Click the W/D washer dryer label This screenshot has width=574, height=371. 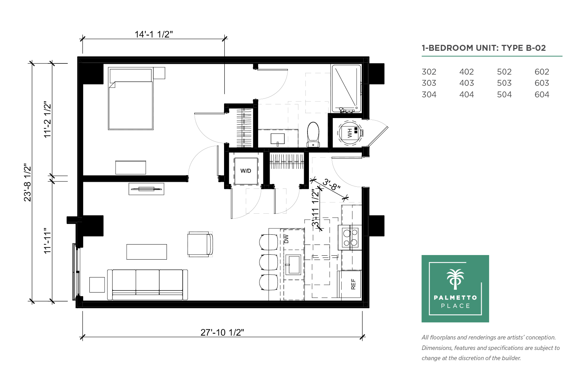click(245, 171)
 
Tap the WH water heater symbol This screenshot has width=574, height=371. click(350, 133)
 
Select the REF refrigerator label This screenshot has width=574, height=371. click(353, 284)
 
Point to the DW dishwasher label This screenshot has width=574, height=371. click(286, 239)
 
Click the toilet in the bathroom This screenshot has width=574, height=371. click(313, 135)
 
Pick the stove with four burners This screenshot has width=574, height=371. click(350, 237)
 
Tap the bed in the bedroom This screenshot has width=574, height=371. click(131, 98)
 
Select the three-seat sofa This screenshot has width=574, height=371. click(147, 284)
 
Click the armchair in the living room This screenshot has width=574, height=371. click(200, 244)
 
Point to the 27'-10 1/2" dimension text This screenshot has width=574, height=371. click(222, 332)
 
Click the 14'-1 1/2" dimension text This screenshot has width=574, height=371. click(154, 34)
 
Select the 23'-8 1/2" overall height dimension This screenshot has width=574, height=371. click(27, 182)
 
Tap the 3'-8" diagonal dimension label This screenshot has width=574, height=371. click(331, 184)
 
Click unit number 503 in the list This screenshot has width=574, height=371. click(504, 83)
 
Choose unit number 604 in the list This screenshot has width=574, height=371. click(542, 95)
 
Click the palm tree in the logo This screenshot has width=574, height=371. click(455, 279)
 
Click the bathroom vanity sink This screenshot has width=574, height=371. click(277, 139)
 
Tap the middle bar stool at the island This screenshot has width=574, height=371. click(268, 262)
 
